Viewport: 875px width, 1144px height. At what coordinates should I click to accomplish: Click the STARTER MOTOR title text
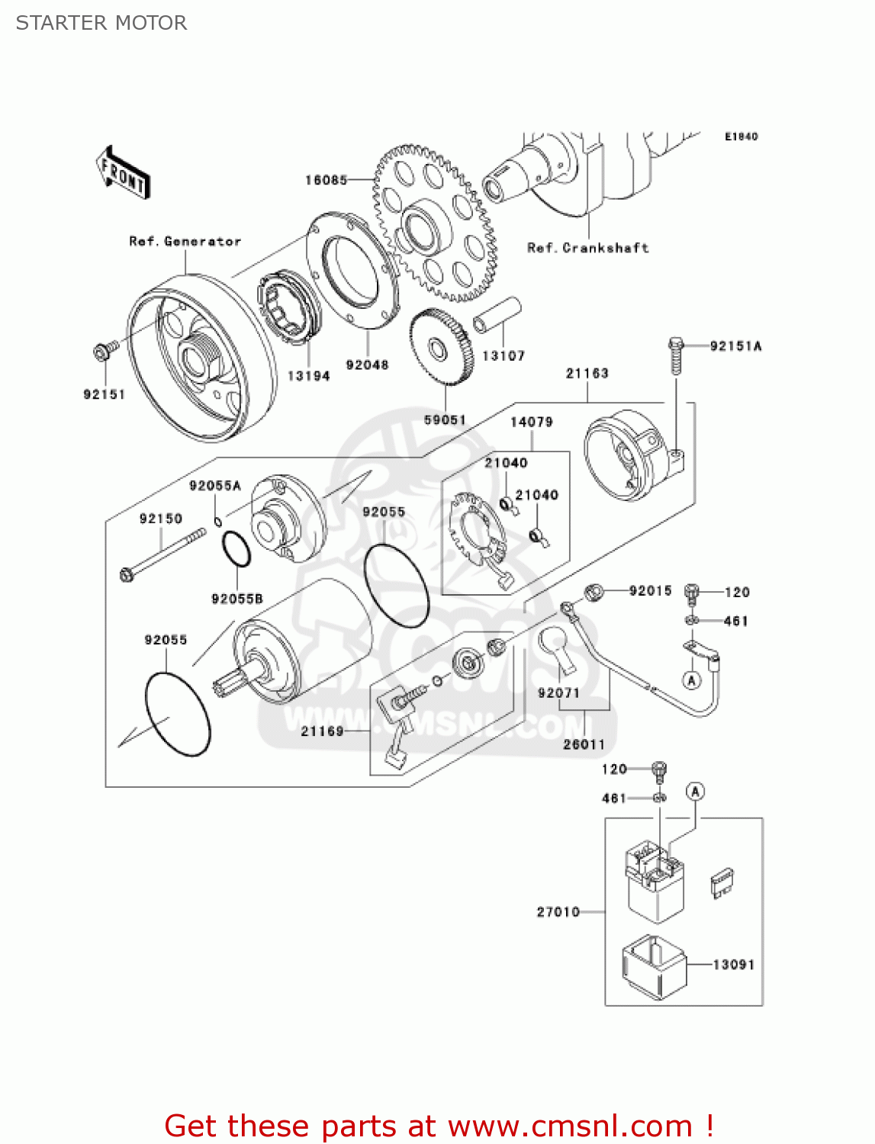101,23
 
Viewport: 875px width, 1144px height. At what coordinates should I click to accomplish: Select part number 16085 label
326,180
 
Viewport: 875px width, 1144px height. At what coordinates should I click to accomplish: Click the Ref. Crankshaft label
587,248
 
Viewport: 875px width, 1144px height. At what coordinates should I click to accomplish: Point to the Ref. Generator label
185,242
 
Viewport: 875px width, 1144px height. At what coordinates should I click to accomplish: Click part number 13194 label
308,376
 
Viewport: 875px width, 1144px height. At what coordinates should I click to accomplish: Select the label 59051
445,419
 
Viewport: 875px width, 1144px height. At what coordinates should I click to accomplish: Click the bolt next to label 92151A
674,355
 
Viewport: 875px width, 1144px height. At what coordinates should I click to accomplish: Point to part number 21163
587,373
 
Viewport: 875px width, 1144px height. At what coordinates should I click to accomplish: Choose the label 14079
531,422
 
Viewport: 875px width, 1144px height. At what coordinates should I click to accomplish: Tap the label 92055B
236,599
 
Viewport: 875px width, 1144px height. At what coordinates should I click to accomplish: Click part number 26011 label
584,744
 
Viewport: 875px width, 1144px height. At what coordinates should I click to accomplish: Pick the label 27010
558,912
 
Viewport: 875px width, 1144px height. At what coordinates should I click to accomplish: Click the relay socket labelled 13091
655,966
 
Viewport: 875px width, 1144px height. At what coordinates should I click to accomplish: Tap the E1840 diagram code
741,137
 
